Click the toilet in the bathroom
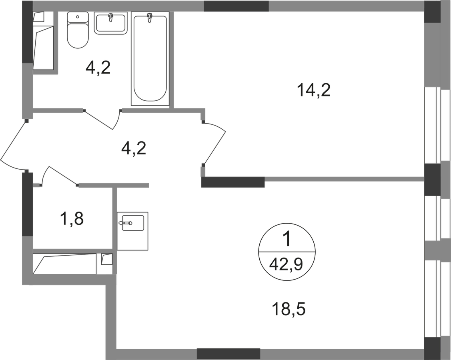77,30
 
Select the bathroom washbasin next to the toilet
110,23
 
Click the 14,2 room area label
314,90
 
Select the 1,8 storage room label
72,219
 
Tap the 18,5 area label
289,310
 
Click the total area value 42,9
286,264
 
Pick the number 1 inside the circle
287,240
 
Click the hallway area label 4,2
134,149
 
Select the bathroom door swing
102,119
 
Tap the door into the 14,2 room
214,144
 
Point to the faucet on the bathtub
149,18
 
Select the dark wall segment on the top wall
236,6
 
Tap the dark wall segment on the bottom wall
229,354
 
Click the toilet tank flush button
77,17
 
